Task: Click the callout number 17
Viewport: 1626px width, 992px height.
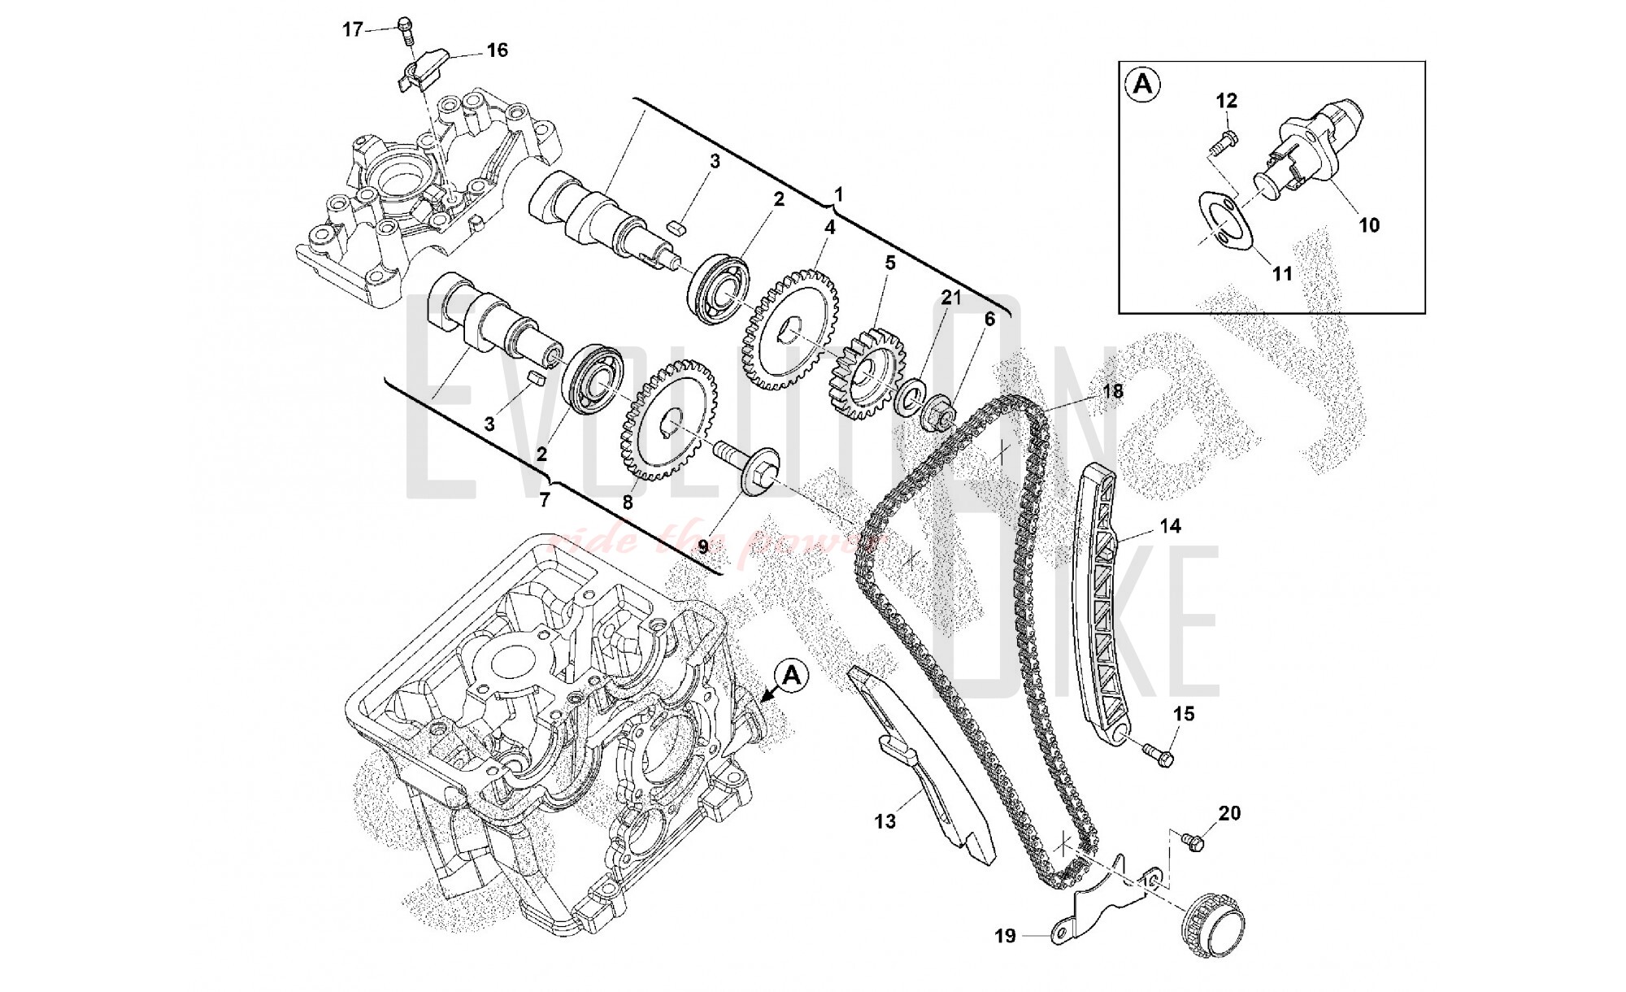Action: [351, 30]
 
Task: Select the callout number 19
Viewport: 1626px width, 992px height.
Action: [1006, 937]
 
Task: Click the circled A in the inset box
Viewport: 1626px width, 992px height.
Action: [1143, 85]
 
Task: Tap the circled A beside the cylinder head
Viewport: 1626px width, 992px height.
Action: [793, 676]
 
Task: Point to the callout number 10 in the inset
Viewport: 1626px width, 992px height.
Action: [1369, 224]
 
